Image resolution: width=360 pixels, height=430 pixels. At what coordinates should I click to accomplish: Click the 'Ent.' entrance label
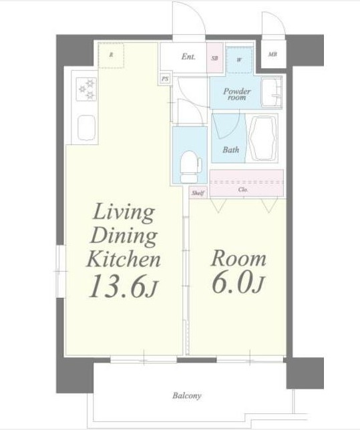pyautogui.click(x=188, y=57)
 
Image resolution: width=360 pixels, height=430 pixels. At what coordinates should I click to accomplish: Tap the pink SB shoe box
pyautogui.click(x=215, y=58)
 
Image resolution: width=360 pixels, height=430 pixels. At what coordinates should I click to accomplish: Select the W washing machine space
pyautogui.click(x=240, y=60)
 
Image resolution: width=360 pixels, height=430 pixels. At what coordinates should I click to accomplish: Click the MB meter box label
pyautogui.click(x=273, y=54)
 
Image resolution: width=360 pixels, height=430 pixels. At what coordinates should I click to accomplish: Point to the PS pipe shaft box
pyautogui.click(x=164, y=79)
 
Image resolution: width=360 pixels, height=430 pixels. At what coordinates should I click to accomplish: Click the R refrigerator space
pyautogui.click(x=111, y=55)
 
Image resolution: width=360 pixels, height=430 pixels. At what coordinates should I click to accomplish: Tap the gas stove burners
pyautogui.click(x=86, y=89)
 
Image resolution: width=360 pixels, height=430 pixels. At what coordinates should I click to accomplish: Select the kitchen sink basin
pyautogui.click(x=86, y=128)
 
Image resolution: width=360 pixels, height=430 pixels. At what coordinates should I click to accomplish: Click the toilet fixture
pyautogui.click(x=191, y=166)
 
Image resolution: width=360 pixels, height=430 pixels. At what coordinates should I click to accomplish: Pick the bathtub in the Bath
pyautogui.click(x=262, y=138)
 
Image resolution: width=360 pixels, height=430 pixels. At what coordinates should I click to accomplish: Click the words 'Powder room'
pyautogui.click(x=236, y=94)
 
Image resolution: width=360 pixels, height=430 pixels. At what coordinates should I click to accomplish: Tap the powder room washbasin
pyautogui.click(x=271, y=93)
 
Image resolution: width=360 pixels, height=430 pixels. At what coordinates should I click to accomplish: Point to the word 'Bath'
pyautogui.click(x=230, y=150)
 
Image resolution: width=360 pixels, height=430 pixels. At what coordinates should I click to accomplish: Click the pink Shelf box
pyautogui.click(x=198, y=192)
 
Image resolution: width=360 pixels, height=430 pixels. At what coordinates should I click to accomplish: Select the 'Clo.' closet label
pyautogui.click(x=243, y=190)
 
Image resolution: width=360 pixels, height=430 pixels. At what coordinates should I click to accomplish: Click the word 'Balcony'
pyautogui.click(x=187, y=395)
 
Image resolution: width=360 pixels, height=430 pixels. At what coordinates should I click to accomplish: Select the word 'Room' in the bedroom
pyautogui.click(x=238, y=258)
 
